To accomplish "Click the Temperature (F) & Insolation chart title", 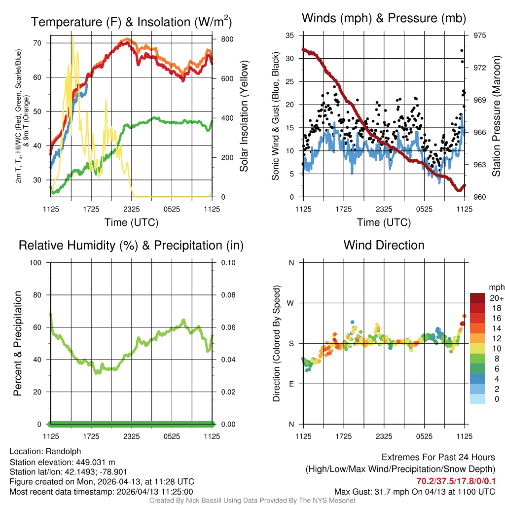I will pos(131,22).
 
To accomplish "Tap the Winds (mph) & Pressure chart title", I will pos(384,19).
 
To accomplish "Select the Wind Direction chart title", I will pos(384,245).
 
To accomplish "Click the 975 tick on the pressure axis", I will pos(480,36).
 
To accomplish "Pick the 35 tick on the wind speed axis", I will pos(290,36).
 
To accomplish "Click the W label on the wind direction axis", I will pos(291,303).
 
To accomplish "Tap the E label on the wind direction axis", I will pos(291,384).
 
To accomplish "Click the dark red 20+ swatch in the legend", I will pos(477,298).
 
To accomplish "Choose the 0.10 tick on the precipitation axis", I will pos(227,263).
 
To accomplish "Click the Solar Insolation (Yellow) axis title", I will pos(244,116).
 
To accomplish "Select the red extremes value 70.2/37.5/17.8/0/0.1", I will pos(456,481).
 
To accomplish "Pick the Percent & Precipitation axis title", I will pos(17,343).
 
